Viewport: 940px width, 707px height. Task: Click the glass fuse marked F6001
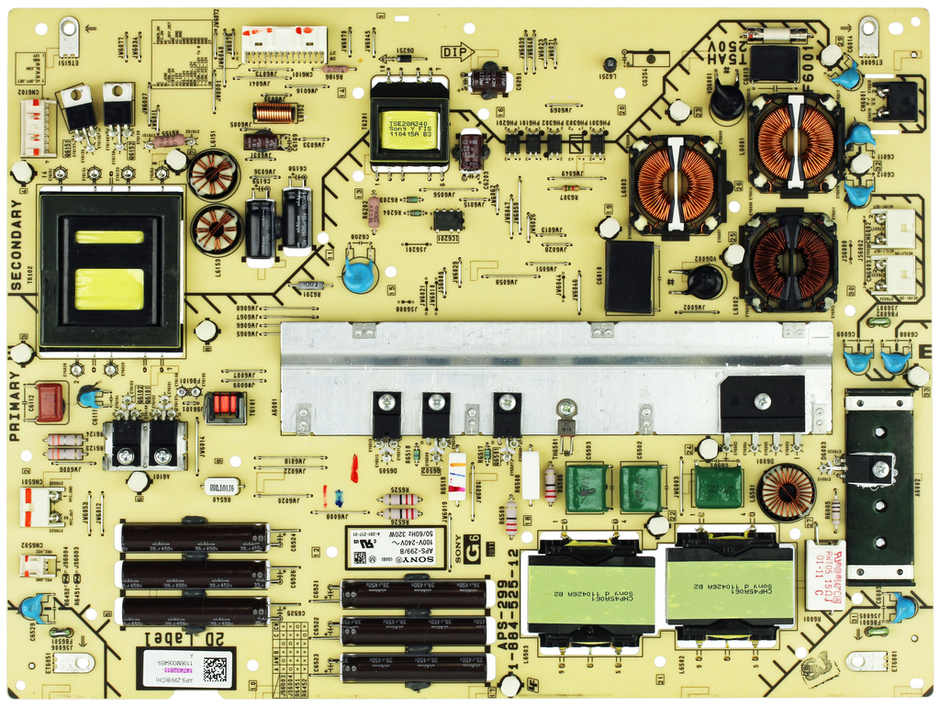777,35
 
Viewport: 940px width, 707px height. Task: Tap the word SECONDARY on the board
16,246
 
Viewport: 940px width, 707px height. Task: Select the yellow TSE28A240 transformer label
408,127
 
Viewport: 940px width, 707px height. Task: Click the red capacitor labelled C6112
50,401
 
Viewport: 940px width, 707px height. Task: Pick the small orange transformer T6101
220,406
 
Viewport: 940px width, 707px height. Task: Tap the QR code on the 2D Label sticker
215,668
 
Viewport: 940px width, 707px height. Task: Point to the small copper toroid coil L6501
787,492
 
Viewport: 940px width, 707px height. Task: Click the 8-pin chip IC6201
448,219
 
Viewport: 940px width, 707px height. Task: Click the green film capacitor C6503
588,488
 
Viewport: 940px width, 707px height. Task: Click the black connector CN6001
896,101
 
